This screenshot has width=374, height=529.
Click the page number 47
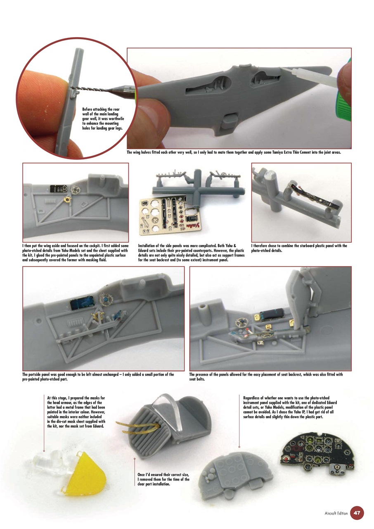pyautogui.click(x=357, y=513)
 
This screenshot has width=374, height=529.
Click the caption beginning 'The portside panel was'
pyautogui.click(x=98, y=377)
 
